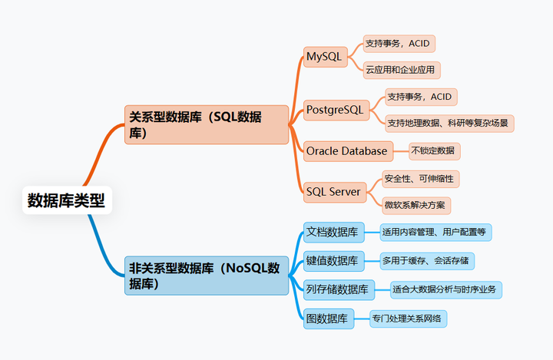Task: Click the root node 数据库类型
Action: [67, 200]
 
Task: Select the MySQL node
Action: [325, 56]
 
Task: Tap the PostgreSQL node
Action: [336, 110]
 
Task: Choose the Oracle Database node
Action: [348, 151]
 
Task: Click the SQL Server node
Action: [335, 192]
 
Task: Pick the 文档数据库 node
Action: [333, 233]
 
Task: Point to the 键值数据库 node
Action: [333, 261]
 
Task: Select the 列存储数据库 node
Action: [339, 290]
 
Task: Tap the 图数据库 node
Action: [329, 319]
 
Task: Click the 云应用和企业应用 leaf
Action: [402, 70]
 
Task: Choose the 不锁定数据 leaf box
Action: [435, 151]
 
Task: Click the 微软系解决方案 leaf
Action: [416, 206]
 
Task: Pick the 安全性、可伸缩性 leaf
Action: [420, 179]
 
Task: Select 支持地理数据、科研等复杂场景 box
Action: [449, 124]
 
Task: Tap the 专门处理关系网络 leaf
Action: [408, 319]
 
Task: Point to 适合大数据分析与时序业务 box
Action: [445, 290]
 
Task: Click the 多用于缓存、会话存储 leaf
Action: [427, 261]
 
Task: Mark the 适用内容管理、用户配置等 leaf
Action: [435, 233]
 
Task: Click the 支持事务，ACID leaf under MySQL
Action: [399, 44]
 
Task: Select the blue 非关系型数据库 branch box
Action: [207, 276]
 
